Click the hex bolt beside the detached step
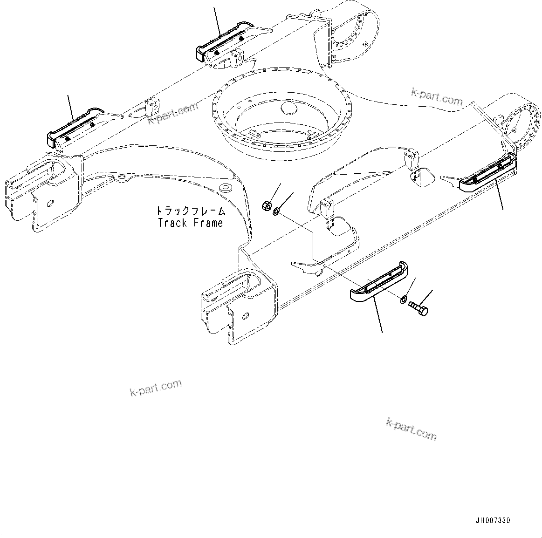click(x=418, y=308)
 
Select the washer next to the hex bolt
click(x=404, y=299)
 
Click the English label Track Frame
click(x=190, y=223)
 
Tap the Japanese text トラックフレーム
click(x=190, y=211)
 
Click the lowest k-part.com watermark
click(x=412, y=429)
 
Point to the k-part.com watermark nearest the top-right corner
click(x=437, y=97)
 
